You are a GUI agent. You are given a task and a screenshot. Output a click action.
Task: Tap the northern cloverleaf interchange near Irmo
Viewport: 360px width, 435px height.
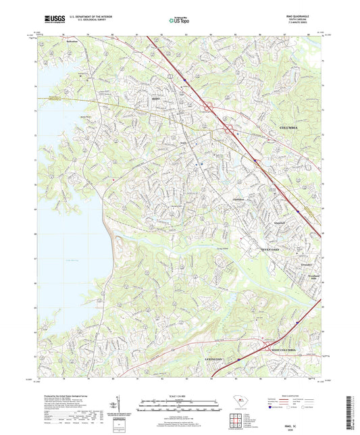(209, 105)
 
